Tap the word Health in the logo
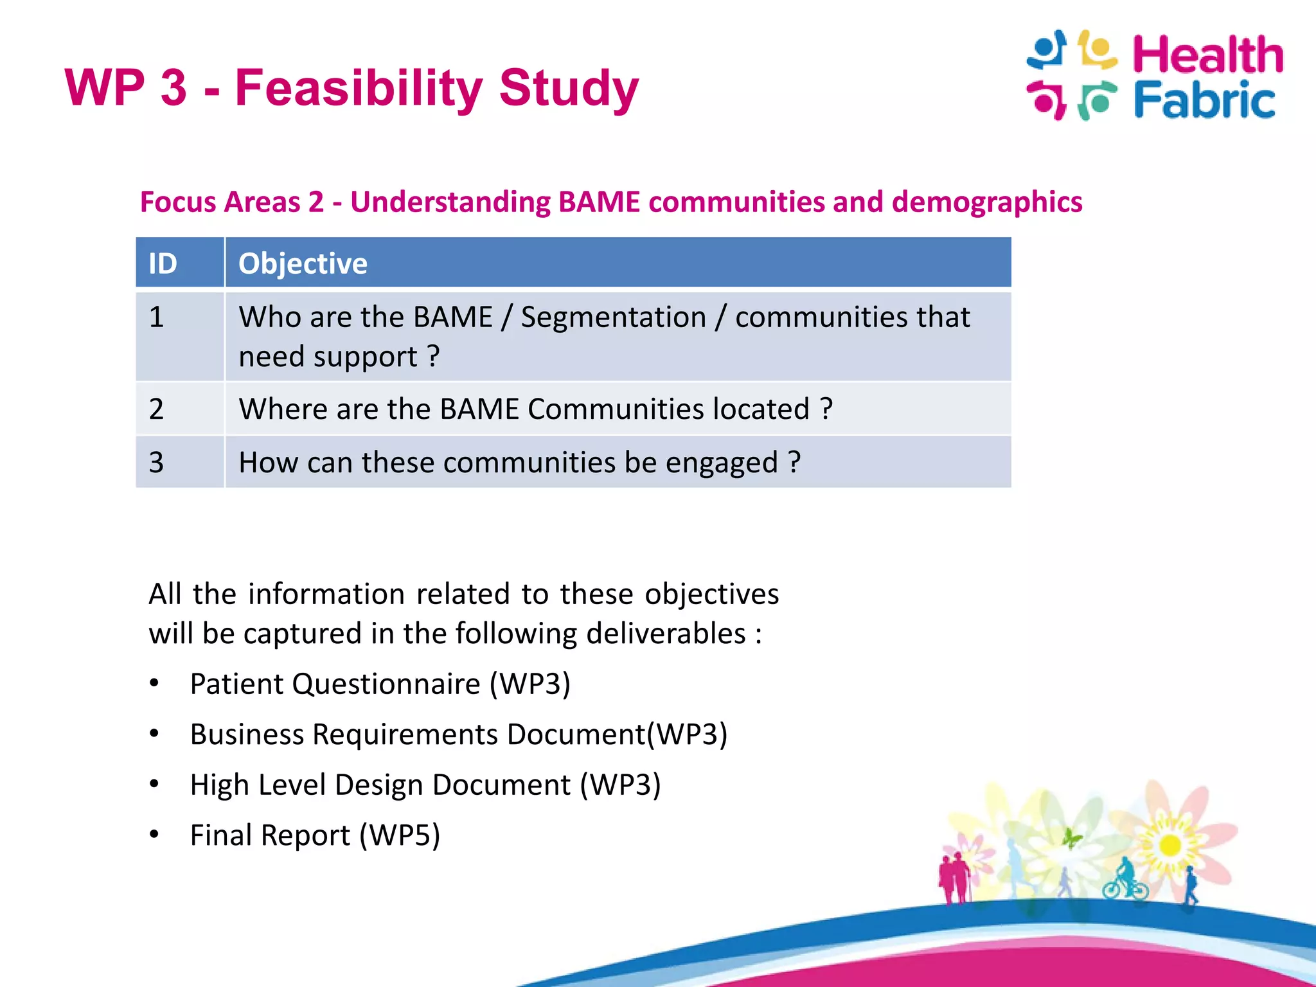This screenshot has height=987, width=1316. point(1207,55)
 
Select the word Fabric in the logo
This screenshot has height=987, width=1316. point(1204,101)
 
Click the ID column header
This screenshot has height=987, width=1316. point(163,263)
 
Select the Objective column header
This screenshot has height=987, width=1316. point(303,263)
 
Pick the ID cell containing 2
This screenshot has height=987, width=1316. point(157,409)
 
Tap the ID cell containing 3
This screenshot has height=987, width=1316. point(157,463)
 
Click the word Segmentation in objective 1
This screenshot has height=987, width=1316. point(613,317)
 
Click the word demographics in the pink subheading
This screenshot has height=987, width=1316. point(986,202)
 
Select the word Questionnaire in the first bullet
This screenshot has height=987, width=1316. point(386,684)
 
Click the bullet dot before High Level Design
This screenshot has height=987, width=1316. point(154,784)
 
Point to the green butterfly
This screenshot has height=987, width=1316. point(1071,838)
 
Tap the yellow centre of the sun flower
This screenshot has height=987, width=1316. point(1170,845)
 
